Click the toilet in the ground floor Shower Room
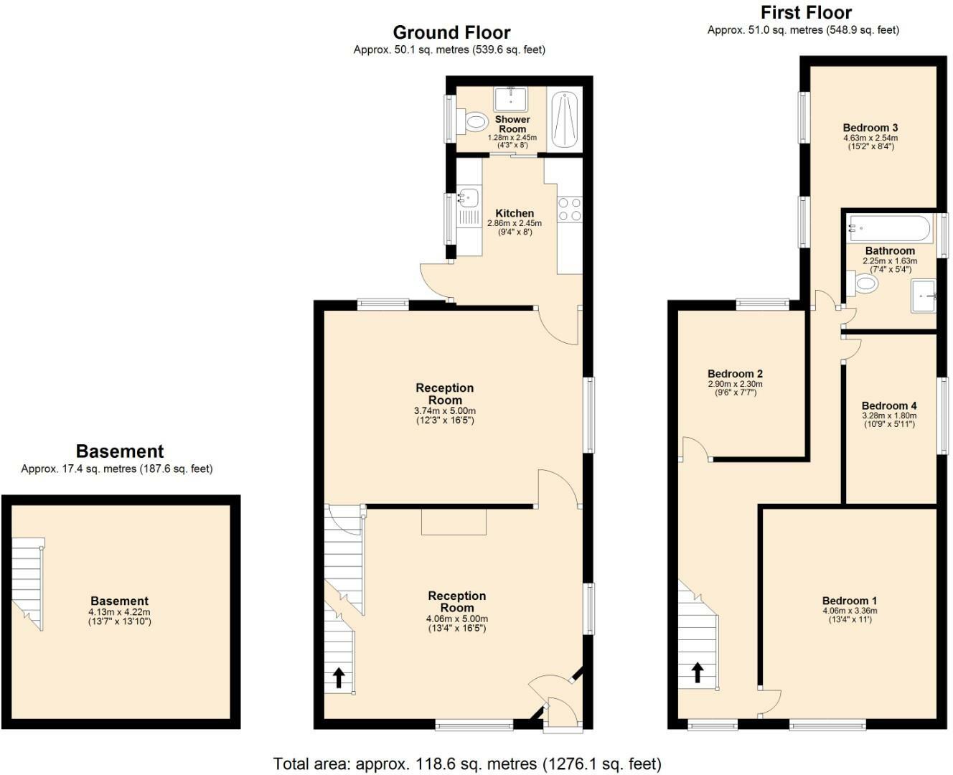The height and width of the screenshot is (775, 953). tap(474, 121)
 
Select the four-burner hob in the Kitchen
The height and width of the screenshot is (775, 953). tap(570, 210)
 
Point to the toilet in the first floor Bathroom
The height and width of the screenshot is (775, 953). tap(863, 283)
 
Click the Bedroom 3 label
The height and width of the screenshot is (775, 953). tap(870, 128)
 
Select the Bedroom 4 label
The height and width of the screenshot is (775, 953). tap(888, 405)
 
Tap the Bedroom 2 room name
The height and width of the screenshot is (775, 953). tap(735, 373)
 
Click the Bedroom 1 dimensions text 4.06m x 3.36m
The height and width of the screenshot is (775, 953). tap(850, 611)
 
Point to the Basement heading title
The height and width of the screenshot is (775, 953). tap(120, 451)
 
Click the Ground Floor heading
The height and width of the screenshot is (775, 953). tap(451, 32)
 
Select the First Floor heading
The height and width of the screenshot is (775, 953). tap(806, 12)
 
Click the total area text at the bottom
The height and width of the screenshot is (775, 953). tap(467, 764)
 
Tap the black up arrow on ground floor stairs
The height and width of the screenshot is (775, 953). tap(339, 677)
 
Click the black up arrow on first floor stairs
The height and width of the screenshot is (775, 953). tap(697, 672)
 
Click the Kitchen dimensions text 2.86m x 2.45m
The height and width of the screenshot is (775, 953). tap(515, 223)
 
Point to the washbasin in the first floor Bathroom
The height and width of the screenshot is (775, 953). tap(924, 296)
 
